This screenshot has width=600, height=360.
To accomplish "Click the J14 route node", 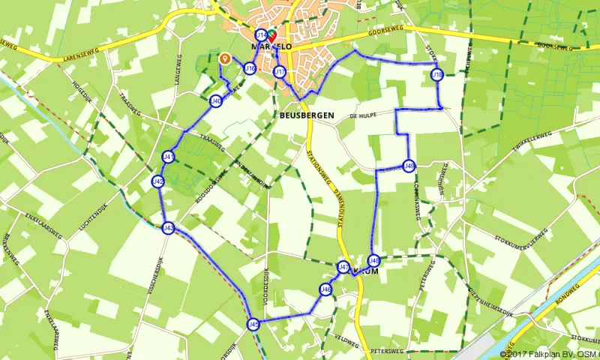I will (x=260, y=35).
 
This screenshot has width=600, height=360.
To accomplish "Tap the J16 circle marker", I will (x=250, y=69).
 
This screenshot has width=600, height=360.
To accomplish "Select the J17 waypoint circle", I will (x=280, y=72).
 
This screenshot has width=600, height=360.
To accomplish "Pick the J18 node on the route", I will (x=438, y=75).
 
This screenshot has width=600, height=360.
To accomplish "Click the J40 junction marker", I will (x=216, y=101).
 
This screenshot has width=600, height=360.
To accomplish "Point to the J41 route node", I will (x=169, y=157).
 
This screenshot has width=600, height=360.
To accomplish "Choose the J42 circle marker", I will (x=158, y=181).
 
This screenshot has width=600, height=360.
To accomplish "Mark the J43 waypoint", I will (x=168, y=228).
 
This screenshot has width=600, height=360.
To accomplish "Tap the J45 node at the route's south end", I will (x=253, y=324).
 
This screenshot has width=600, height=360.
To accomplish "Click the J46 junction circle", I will (x=325, y=289).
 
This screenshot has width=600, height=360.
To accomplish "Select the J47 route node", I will (x=343, y=267).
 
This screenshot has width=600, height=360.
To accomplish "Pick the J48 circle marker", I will (x=374, y=261).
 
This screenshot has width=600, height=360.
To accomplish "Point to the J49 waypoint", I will (x=409, y=166).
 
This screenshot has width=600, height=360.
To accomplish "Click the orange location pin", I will (x=223, y=58).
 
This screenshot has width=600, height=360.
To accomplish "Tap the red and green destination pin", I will (x=271, y=35).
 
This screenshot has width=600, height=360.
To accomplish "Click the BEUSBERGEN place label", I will (x=305, y=116).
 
